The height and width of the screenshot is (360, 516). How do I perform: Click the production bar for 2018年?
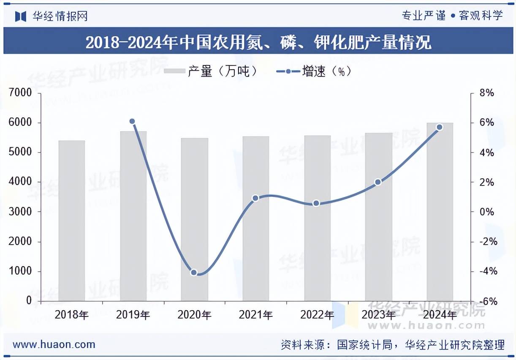(x=72, y=221)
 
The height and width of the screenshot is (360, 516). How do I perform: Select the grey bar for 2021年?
(x=256, y=218)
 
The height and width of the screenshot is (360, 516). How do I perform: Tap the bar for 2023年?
(x=378, y=217)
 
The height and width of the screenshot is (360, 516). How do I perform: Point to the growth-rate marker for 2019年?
(x=132, y=121)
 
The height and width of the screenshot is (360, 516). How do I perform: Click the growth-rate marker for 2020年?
(x=194, y=273)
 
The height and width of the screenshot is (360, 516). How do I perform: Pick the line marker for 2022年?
(x=317, y=203)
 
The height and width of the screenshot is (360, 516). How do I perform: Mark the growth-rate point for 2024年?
(x=440, y=127)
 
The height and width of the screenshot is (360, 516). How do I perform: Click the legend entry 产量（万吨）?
(x=211, y=71)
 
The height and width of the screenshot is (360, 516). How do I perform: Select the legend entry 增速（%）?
(x=315, y=71)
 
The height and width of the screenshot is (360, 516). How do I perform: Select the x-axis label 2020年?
(x=194, y=315)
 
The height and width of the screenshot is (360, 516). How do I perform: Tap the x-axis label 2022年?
(x=317, y=315)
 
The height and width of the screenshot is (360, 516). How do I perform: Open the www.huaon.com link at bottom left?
(x=54, y=344)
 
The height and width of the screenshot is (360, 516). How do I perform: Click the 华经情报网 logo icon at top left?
(x=21, y=16)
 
